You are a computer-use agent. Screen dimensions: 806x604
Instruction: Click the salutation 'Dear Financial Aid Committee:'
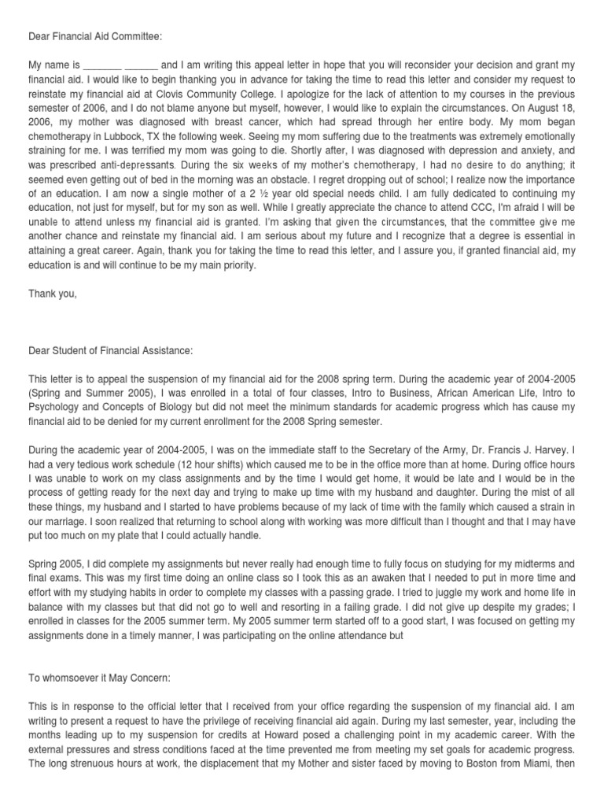click(x=97, y=35)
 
